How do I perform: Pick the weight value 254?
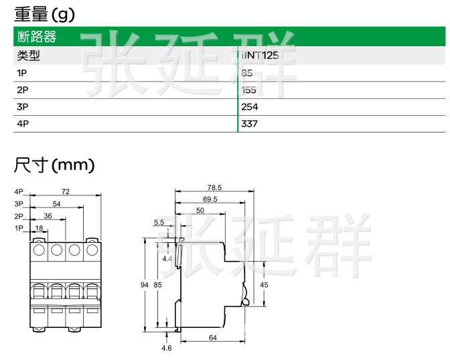pos(249,106)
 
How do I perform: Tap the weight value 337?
pos(249,124)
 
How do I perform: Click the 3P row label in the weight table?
pos(23,106)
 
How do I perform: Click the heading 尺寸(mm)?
pos(54,164)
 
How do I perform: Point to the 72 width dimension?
pos(65,192)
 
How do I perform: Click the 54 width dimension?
pos(57,203)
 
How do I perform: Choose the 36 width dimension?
pos(48,215)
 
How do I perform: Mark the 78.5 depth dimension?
pos(214,187)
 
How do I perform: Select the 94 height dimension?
pos(144,284)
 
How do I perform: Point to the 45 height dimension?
pos(264,284)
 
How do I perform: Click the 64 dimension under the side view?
pos(212,338)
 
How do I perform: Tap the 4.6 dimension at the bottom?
pos(167,348)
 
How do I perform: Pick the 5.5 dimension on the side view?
pos(159,222)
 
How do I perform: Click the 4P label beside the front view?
pos(19,192)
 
